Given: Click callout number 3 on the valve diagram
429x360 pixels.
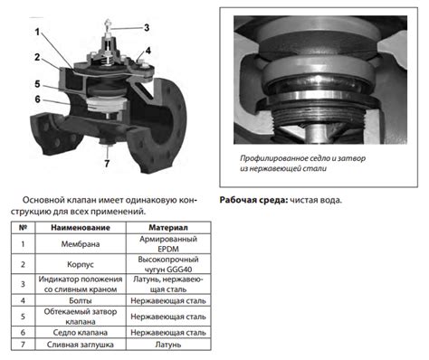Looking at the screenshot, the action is click(147, 28).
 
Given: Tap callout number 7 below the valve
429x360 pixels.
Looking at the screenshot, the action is click(107, 164).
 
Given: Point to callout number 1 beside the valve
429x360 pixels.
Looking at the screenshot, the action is click(37, 32).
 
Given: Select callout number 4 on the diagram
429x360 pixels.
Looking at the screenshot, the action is click(148, 51).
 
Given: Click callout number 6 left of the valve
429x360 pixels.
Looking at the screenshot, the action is click(37, 99).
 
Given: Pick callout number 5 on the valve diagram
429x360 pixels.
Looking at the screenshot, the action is click(37, 83).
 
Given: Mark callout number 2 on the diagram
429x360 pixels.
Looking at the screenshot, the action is click(37, 57).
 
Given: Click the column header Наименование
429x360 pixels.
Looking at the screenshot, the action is click(81, 228).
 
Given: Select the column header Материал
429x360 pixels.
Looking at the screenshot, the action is click(168, 228).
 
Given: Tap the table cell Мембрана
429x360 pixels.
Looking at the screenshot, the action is click(81, 244).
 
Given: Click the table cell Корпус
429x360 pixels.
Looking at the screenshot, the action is click(81, 264).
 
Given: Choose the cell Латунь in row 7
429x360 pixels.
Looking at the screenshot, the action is click(168, 345).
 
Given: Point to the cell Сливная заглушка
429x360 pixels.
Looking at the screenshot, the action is click(81, 345).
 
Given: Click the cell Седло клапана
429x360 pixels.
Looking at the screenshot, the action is click(81, 333).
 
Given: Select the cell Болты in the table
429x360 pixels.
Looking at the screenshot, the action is click(81, 300).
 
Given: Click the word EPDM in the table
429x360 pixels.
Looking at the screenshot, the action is click(168, 249).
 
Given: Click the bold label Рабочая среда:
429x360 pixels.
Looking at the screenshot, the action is click(253, 200).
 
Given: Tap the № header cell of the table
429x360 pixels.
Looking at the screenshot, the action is click(23, 228).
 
